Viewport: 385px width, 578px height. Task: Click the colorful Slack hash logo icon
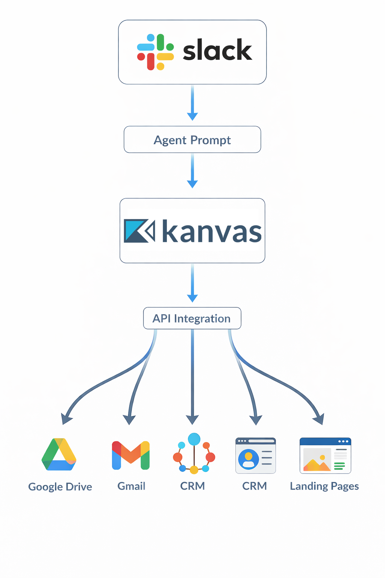tap(155, 52)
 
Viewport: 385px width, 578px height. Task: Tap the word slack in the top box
tap(217, 50)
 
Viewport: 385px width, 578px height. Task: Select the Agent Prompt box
tap(192, 140)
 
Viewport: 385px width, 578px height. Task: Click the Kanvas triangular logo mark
tap(139, 231)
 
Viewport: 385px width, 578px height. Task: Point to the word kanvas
tap(212, 231)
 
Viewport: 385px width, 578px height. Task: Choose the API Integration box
tap(192, 318)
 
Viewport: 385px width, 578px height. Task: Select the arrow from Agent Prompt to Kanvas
tap(192, 171)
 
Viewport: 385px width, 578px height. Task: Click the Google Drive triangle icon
tap(59, 455)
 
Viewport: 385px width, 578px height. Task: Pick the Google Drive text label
tap(60, 487)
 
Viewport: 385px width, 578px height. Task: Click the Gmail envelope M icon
tap(131, 455)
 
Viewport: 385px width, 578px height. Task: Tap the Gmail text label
tap(131, 486)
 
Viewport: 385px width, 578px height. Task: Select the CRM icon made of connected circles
tap(194, 453)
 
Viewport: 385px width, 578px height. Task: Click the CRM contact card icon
tap(256, 455)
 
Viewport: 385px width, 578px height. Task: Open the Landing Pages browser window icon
tap(325, 455)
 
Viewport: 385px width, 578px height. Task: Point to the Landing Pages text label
tap(324, 486)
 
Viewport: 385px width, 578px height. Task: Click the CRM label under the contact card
tap(255, 486)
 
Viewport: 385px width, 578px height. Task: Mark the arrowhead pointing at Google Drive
tap(67, 419)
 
